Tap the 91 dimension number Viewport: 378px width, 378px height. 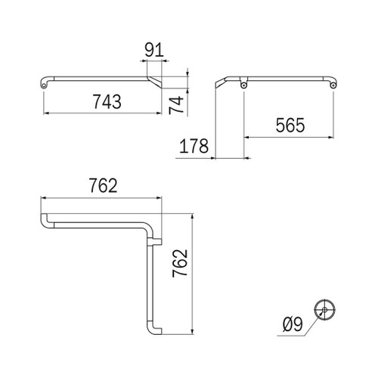154,51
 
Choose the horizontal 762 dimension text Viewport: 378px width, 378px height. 102,186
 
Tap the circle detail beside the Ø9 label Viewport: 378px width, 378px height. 325,308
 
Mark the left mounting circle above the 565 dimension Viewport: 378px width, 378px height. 243,85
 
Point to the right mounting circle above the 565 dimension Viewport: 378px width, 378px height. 333,85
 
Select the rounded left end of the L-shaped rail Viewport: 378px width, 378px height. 45,222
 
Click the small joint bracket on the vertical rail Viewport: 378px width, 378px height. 156,242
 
